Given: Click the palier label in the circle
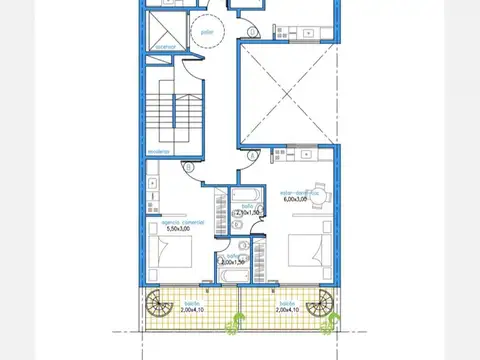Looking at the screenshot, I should pos(208,32).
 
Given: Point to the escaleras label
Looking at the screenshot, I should pos(160,151).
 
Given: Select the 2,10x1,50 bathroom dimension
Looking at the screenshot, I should pos(247,213).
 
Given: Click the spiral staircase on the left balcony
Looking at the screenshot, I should pos(158,304).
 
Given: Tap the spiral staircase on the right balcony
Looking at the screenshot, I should pos(322,304).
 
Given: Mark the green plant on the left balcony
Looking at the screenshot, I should pos(237,321).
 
